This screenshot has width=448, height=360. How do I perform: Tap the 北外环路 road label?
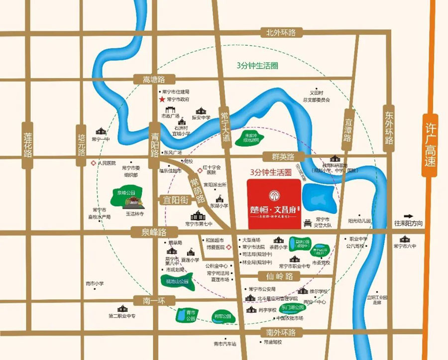[280, 33]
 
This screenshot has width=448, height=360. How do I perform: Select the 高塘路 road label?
[153, 79]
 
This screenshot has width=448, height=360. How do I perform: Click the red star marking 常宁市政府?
[161, 100]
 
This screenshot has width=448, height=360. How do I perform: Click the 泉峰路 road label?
[148, 232]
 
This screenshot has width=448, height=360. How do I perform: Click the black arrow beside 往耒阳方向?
[409, 216]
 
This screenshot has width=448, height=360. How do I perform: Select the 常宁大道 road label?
[224, 126]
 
